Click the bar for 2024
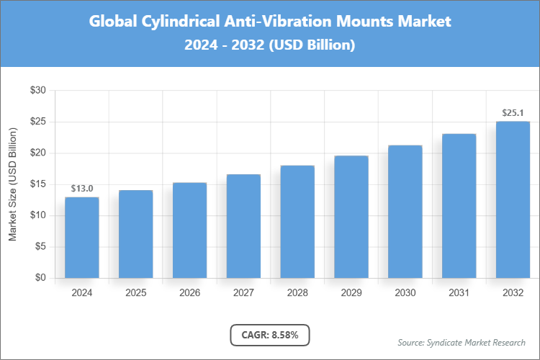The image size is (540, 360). [82, 238]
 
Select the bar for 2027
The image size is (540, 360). [243, 226]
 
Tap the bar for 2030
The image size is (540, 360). [405, 212]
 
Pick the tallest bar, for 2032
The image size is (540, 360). [513, 199]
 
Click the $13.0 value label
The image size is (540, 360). [82, 189]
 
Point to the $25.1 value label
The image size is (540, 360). [513, 113]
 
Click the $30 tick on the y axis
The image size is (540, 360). [38, 91]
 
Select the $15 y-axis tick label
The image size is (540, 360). [38, 184]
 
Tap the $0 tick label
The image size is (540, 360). [41, 278]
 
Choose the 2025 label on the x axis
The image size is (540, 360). [136, 293]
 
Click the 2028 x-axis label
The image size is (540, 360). [297, 293]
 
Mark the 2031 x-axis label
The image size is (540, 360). [459, 293]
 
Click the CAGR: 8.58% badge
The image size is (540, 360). [269, 335]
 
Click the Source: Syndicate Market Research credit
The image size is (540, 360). [461, 342]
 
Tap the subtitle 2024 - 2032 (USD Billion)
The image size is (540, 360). [269, 45]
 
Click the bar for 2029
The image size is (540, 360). [351, 217]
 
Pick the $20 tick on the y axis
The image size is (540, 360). [38, 153]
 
